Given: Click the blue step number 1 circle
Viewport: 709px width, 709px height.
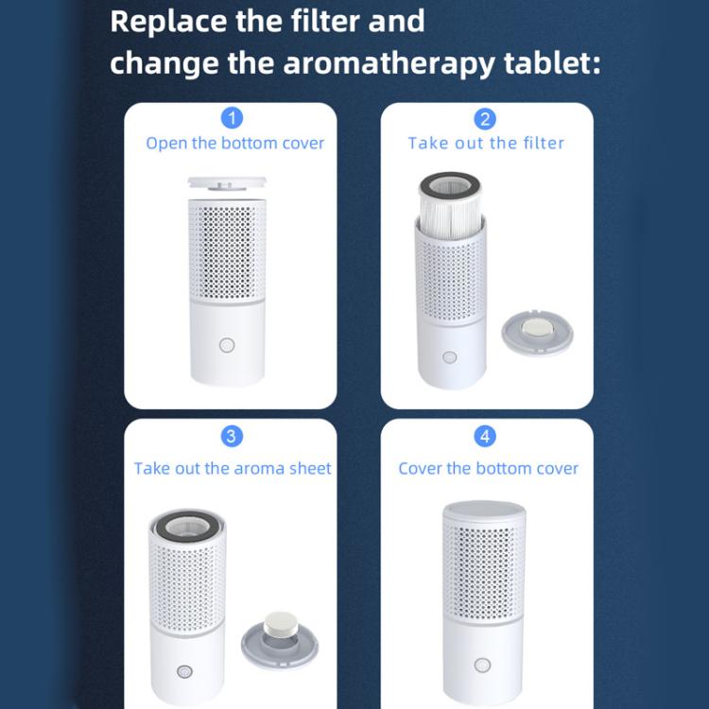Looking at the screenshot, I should [232, 118].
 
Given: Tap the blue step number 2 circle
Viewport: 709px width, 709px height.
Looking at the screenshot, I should [486, 118].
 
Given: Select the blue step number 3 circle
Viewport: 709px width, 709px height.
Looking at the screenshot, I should [232, 436].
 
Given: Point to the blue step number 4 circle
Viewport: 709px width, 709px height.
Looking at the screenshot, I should [486, 436].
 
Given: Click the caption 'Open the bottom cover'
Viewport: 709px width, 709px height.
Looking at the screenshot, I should [234, 144].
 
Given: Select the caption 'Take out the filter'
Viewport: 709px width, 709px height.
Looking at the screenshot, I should [486, 144].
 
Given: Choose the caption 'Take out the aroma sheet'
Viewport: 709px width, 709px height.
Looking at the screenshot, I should [233, 469].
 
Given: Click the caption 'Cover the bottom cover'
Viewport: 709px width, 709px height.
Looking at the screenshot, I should [488, 469].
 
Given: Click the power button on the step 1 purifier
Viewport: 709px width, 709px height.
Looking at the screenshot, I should [227, 345].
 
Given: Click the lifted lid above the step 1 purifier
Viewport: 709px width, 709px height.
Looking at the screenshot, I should [231, 183].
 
